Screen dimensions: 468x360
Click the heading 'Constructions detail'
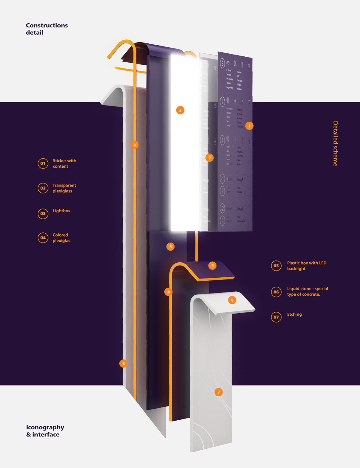point(46,29)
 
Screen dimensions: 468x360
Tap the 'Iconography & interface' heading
point(45,431)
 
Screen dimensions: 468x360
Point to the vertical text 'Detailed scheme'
point(335,144)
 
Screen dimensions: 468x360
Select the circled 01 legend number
point(43,163)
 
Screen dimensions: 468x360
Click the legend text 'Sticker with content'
point(64,163)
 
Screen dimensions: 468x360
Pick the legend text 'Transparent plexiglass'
point(64,188)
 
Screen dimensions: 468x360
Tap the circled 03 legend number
point(43,213)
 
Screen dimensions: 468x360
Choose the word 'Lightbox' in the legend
point(61,211)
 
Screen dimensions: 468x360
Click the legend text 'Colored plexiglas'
point(61,238)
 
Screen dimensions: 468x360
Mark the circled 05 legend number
point(276,266)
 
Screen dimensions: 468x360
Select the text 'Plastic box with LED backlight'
point(306,266)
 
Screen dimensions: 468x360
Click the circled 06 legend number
point(276,292)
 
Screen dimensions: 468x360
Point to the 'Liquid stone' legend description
point(307,291)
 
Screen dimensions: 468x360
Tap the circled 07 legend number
point(276,317)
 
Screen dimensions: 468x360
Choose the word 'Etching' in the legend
point(294,314)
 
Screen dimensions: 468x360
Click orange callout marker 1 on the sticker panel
point(249,126)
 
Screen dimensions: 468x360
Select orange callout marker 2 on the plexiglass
point(209,158)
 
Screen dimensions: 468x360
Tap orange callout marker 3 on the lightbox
point(180,110)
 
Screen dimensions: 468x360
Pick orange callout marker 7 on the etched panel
point(218,392)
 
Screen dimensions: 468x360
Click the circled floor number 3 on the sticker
point(222,63)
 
